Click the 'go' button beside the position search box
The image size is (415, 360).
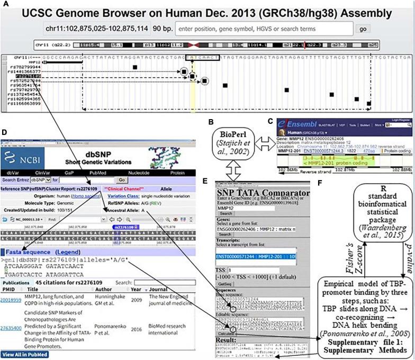coord(362,29)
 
